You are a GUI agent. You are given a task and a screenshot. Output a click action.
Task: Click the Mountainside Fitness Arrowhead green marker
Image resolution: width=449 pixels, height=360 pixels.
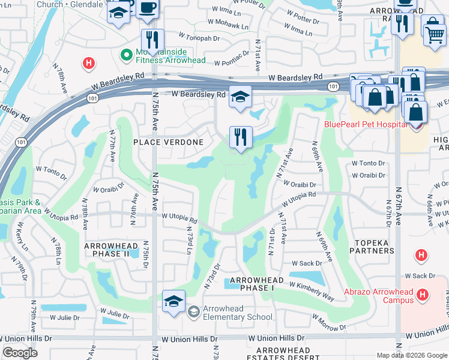pos(127,55)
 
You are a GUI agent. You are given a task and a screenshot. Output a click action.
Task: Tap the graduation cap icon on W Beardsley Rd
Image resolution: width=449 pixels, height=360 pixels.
pos(240,98)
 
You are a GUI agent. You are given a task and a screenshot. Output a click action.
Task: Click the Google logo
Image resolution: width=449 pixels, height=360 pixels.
pos(20,353)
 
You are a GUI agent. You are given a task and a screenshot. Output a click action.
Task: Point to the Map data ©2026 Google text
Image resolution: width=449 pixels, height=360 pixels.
pos(411,355)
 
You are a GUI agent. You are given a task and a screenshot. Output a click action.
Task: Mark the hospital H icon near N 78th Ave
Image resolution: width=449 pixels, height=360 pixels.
pos(88,62)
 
